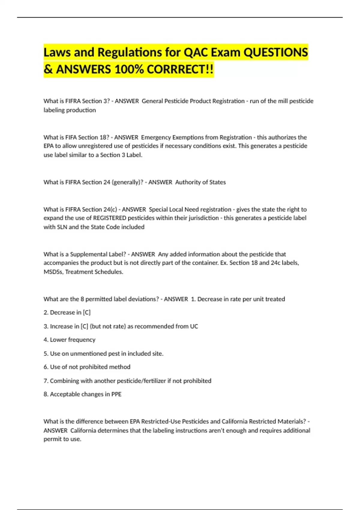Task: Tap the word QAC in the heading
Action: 195,52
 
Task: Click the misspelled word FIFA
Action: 71,137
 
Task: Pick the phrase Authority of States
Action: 200,182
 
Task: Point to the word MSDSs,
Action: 53,272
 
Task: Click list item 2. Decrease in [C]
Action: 67,313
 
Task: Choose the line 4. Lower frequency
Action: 69,340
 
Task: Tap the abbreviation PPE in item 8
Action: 116,394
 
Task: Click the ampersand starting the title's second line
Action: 48,70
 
